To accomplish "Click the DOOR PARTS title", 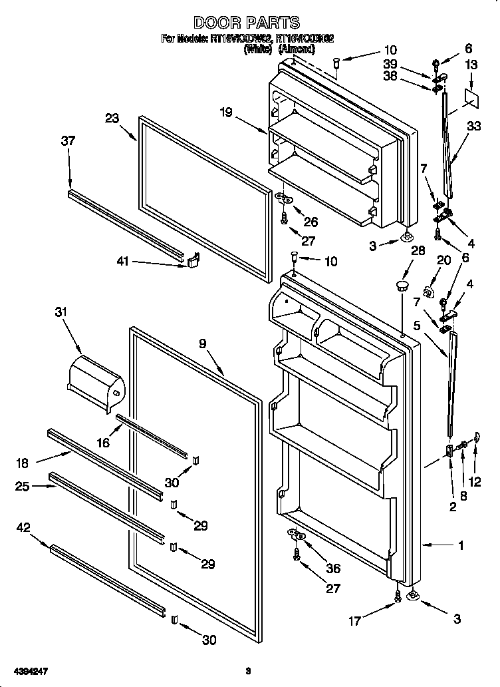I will pos(247,23).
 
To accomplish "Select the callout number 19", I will pos(227,113).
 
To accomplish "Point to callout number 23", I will pos(112,119).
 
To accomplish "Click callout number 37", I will pos(68,141).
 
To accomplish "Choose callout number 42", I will pos(23,528).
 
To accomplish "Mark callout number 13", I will pos(471,65).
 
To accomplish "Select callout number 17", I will pos(354,621).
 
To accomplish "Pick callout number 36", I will pos(333,569).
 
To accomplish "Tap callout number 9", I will pos(202,344).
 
